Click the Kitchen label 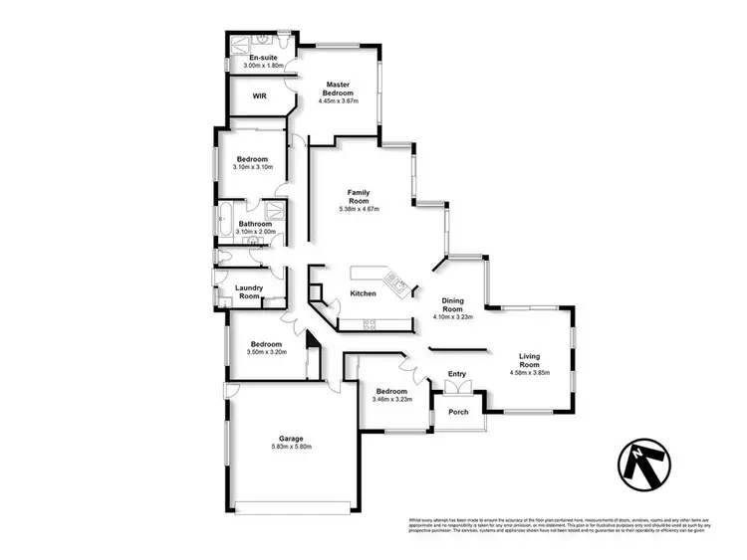click(363, 293)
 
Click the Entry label click(457, 374)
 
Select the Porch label click(458, 412)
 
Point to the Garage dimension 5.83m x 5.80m click(291, 448)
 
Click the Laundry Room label click(249, 291)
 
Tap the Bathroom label click(255, 224)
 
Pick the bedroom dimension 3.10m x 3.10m click(252, 167)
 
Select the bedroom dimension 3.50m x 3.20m click(266, 351)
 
